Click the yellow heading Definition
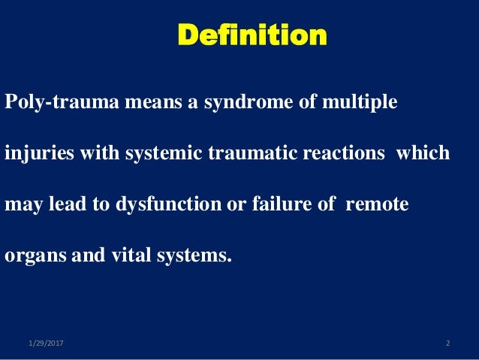pos(252,35)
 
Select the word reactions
pos(327,153)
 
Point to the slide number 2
pos(447,344)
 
